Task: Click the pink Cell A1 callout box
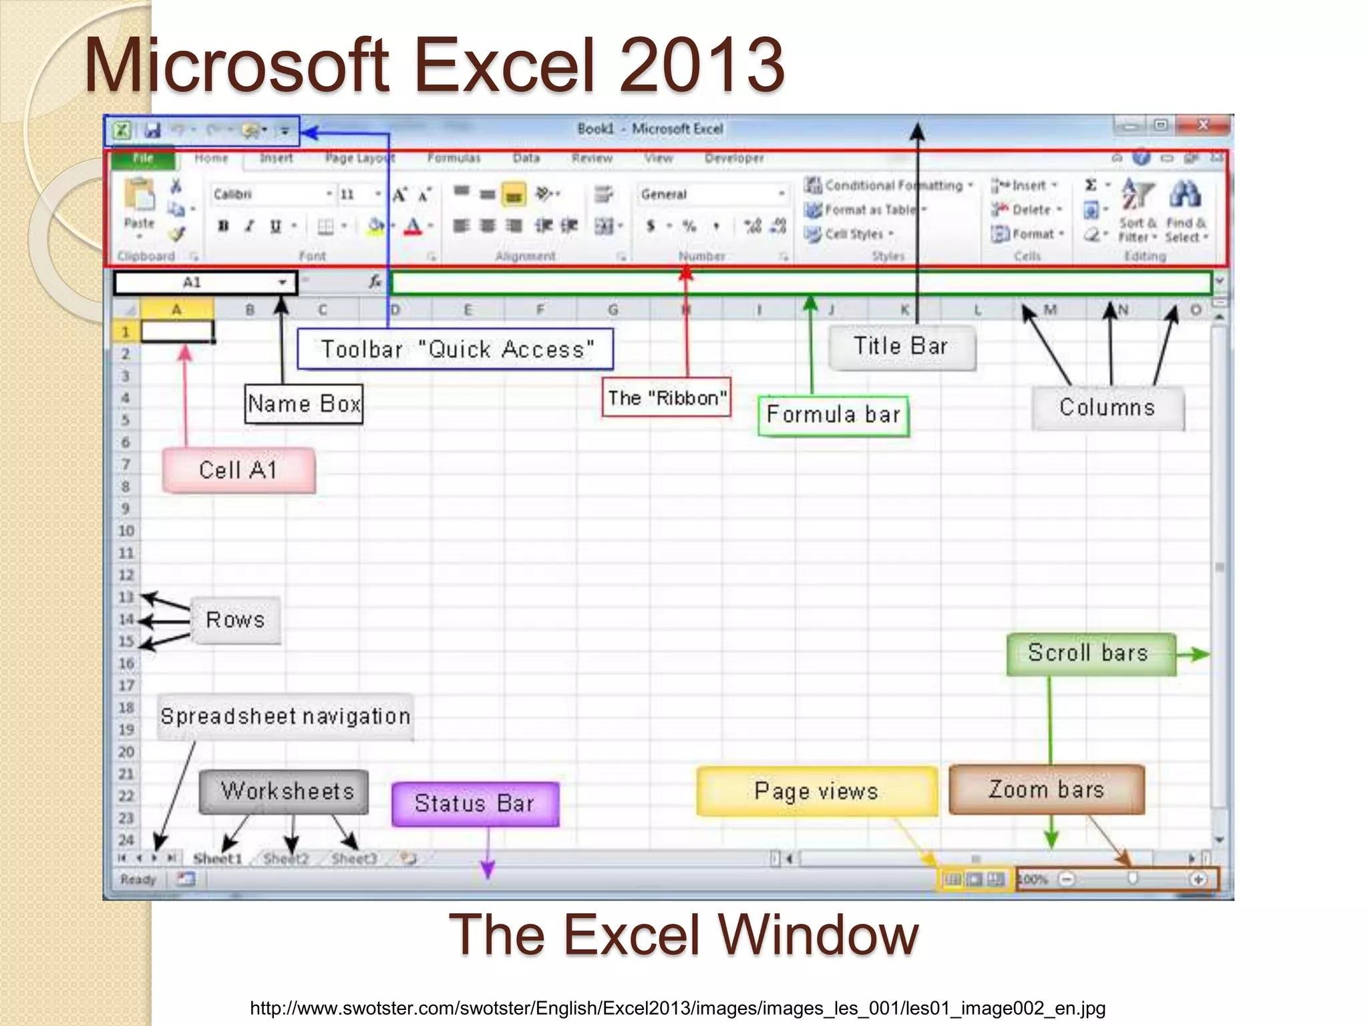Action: click(238, 470)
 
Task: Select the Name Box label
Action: click(304, 404)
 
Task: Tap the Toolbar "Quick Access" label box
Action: click(456, 349)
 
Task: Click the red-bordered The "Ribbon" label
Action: click(667, 398)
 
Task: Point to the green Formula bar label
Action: click(834, 415)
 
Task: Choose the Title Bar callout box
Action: click(902, 347)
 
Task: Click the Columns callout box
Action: click(1107, 407)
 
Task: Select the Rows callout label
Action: click(235, 620)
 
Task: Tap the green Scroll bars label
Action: click(1090, 653)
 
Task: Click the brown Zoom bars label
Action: click(1047, 790)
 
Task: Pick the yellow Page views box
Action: click(816, 792)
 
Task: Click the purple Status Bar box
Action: click(475, 804)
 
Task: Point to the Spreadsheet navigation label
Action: click(285, 717)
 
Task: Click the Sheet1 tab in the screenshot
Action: click(217, 858)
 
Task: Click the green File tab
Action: click(143, 158)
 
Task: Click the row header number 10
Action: click(126, 531)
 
